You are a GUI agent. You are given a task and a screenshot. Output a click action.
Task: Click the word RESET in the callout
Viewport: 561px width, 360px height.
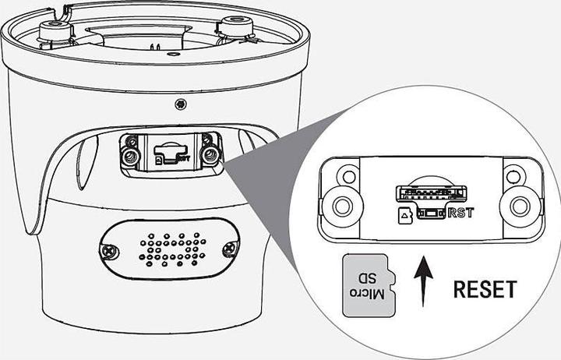(x=485, y=290)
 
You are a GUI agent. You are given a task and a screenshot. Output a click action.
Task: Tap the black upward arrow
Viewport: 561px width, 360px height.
(x=423, y=281)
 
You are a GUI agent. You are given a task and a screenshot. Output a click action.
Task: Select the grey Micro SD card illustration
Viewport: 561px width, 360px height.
(x=369, y=286)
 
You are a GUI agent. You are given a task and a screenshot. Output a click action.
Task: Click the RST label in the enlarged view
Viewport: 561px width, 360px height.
(x=460, y=213)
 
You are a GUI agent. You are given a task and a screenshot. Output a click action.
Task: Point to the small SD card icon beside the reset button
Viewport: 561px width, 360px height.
(x=405, y=216)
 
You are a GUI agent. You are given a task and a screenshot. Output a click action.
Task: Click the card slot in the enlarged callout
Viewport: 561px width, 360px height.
(x=431, y=193)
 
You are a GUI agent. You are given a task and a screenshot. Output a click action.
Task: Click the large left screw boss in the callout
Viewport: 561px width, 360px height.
(x=343, y=206)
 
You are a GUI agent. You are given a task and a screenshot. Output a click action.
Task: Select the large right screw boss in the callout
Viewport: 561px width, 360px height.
(x=520, y=206)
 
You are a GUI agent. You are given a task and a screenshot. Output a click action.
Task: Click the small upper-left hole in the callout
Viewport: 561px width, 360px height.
(x=348, y=176)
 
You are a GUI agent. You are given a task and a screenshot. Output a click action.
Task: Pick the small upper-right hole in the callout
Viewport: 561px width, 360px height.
(x=513, y=176)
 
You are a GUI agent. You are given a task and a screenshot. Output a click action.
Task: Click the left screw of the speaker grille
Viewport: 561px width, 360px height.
(x=107, y=250)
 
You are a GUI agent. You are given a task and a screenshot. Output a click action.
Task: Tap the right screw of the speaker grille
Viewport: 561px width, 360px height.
(x=229, y=248)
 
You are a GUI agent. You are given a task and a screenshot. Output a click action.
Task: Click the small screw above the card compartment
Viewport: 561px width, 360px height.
(x=181, y=104)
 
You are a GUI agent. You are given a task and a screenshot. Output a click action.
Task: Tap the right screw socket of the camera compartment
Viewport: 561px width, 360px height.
(x=210, y=155)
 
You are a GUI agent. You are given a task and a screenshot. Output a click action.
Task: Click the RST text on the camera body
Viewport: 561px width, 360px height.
(x=184, y=158)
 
